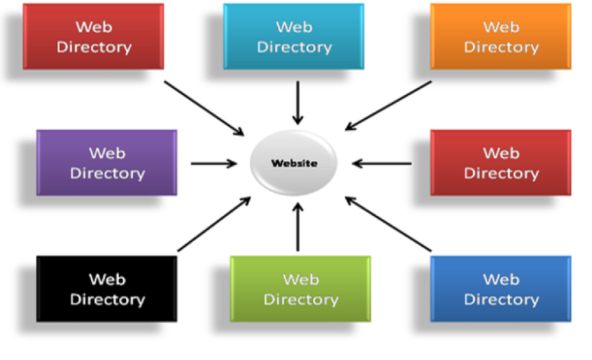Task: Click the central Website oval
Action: pos(294,163)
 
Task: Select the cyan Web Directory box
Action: pos(293,36)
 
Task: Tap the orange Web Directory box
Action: pos(500,36)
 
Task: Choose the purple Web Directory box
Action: pos(107,162)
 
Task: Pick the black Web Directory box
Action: pos(107,289)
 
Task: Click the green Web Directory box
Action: pos(300,289)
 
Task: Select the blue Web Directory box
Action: pos(500,289)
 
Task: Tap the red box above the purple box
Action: pos(94,36)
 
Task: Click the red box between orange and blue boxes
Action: pos(500,162)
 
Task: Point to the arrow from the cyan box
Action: pos(298,102)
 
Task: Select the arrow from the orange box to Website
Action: pos(388,106)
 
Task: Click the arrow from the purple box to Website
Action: pos(213,164)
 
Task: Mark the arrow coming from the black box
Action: pos(214,224)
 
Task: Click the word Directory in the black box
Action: pos(107,299)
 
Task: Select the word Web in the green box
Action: pos(300,279)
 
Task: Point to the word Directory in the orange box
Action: pos(501,47)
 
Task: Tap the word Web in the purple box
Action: pos(107,153)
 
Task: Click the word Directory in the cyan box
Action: pos(294,47)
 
